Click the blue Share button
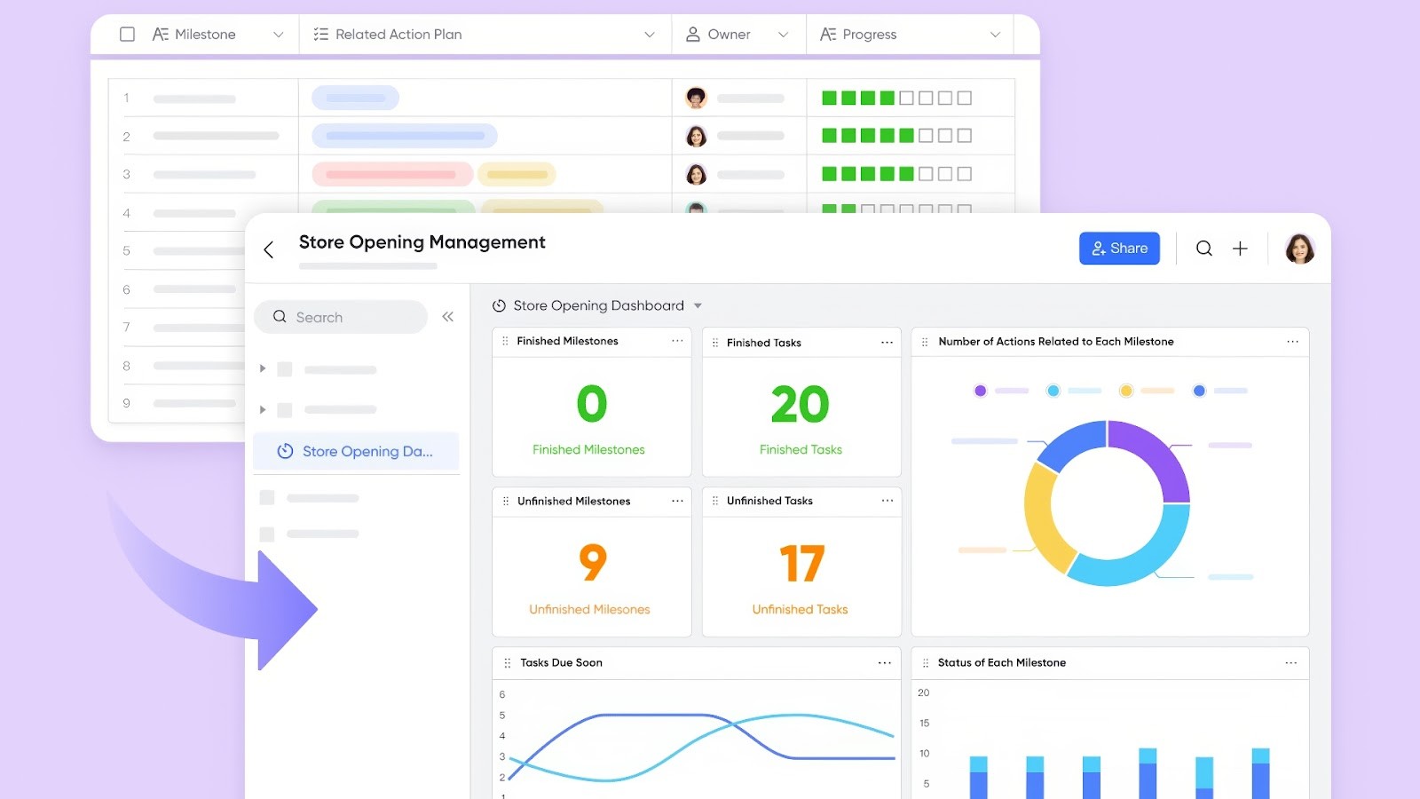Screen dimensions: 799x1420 [1119, 249]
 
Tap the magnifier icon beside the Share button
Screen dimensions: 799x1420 [1203, 249]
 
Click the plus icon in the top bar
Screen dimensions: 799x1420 [1240, 249]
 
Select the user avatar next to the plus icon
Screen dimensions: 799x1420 [1299, 249]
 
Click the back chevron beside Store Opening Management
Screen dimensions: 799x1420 [269, 250]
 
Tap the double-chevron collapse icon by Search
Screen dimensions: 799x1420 [448, 317]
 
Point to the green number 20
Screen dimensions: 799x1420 [800, 405]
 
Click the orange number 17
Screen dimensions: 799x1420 [801, 564]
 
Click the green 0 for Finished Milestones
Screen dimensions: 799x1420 [591, 405]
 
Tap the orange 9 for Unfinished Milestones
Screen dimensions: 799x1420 [592, 562]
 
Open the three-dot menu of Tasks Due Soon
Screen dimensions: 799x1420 [884, 663]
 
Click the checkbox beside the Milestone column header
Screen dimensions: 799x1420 [127, 34]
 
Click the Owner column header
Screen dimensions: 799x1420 [729, 34]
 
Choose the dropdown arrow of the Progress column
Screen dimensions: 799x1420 [995, 35]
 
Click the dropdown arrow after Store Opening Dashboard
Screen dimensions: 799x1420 [698, 305]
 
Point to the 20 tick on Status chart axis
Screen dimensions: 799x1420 [924, 692]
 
